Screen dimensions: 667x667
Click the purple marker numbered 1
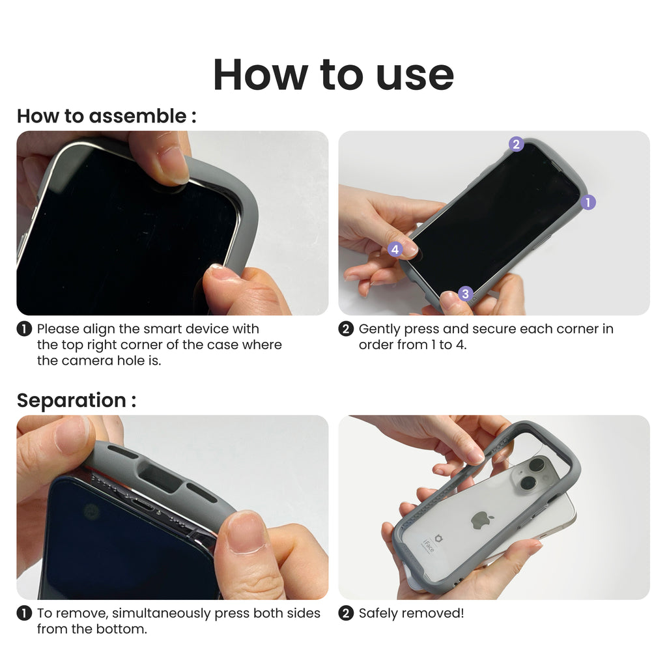pos(588,202)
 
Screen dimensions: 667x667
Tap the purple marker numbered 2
pos(517,144)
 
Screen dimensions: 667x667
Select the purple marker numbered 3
pos(465,294)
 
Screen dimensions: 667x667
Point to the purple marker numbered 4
pos(395,249)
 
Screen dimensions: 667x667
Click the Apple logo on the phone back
pos(482,520)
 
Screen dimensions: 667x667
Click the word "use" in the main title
pos(415,76)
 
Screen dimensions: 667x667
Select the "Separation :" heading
pos(77,401)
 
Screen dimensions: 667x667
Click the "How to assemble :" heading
pos(107,116)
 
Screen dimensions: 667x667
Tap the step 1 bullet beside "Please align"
pos(24,329)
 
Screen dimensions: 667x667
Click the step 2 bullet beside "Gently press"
pos(346,329)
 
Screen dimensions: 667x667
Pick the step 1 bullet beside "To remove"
pos(24,613)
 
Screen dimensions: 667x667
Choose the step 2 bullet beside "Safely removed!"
pos(346,613)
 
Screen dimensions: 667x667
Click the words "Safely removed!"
pos(412,613)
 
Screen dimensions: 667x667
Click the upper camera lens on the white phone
pos(537,464)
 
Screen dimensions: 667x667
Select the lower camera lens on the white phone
pos(528,483)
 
